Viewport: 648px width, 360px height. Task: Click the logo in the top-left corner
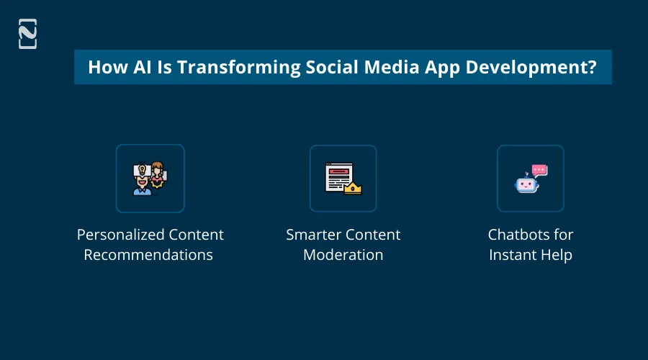point(27,34)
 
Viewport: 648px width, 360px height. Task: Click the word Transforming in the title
point(235,67)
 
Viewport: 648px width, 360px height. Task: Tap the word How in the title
point(105,67)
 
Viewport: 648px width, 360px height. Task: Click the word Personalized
point(120,235)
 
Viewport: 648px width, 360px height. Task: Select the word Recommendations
point(148,255)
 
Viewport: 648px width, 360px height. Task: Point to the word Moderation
point(343,255)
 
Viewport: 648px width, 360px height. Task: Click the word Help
point(557,255)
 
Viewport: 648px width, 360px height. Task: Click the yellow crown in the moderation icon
point(353,189)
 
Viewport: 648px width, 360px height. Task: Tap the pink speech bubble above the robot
point(539,170)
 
